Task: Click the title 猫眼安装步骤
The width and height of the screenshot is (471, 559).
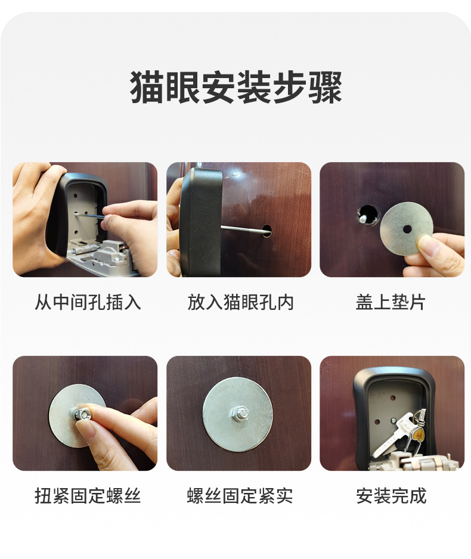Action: (x=236, y=88)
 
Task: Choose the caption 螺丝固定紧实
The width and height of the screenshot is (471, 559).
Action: (x=240, y=496)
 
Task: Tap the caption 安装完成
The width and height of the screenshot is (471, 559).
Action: (x=391, y=496)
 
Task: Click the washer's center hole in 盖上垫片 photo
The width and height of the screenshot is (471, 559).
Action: (x=407, y=229)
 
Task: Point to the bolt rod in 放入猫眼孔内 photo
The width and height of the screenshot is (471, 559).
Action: (x=241, y=227)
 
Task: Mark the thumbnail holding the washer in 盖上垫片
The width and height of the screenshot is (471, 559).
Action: (x=429, y=245)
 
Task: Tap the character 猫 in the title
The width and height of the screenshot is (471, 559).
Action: (x=148, y=88)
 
